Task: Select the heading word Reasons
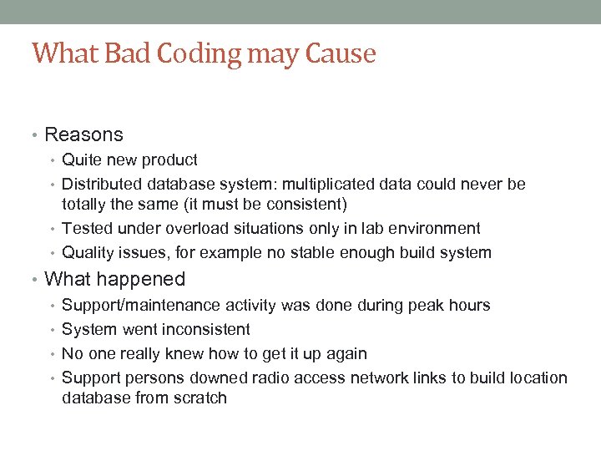tap(83, 134)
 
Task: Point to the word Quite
tap(79, 160)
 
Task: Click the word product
tap(169, 160)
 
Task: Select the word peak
tap(425, 305)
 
